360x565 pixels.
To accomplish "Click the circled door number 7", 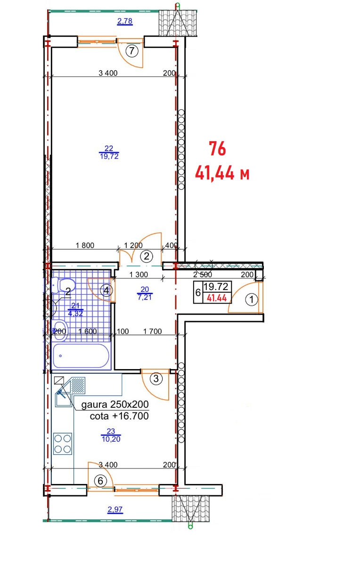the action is (x=132, y=51).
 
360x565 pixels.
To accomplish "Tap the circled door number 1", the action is (x=252, y=299).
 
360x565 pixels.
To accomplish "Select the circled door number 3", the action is (x=156, y=379).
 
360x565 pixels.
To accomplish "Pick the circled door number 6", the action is (x=100, y=481).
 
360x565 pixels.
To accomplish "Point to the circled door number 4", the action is (x=106, y=291).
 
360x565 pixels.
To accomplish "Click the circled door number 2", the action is (x=147, y=257).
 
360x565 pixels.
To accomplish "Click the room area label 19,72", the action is (x=109, y=156).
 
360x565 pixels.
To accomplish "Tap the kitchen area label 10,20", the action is (x=111, y=439).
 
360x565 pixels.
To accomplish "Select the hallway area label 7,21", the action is (x=145, y=297).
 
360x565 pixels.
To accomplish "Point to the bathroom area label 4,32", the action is (x=75, y=313).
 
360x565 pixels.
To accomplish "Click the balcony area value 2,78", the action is (x=125, y=21).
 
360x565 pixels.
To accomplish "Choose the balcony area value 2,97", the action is (x=115, y=509).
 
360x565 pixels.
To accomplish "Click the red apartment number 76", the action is (x=217, y=149).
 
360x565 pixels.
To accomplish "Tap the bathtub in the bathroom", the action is (x=81, y=355).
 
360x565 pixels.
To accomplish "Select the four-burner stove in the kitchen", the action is (x=63, y=444).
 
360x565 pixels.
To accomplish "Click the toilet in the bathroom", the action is (x=64, y=285).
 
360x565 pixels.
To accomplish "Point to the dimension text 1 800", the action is (x=85, y=245).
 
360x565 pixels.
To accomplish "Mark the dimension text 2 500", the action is (x=203, y=274).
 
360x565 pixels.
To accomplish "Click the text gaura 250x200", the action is (x=115, y=404).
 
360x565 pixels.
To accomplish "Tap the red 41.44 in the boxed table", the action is (x=217, y=298).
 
